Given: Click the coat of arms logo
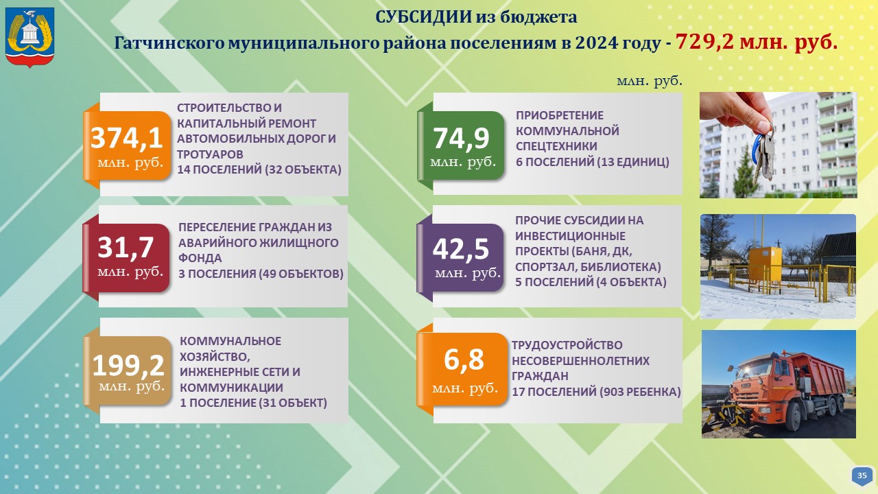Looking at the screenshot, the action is tap(29, 37).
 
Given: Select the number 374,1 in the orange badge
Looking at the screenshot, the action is tap(127, 138).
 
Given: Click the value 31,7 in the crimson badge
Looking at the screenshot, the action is tap(126, 248).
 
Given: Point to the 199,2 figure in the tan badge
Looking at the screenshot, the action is tap(128, 365).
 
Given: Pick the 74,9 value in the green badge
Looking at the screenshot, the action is tap(461, 139).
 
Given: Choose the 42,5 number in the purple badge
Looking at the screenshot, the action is tap(460, 249).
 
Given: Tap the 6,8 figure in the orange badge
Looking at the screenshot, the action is tap(464, 360).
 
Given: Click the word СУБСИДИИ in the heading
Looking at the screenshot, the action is tap(423, 17).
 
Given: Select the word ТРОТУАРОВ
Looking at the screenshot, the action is tap(210, 154).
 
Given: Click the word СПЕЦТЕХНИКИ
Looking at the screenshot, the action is tap(556, 146).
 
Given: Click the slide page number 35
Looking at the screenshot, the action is tap(862, 475).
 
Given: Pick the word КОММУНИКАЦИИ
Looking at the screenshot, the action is tap(231, 388).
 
